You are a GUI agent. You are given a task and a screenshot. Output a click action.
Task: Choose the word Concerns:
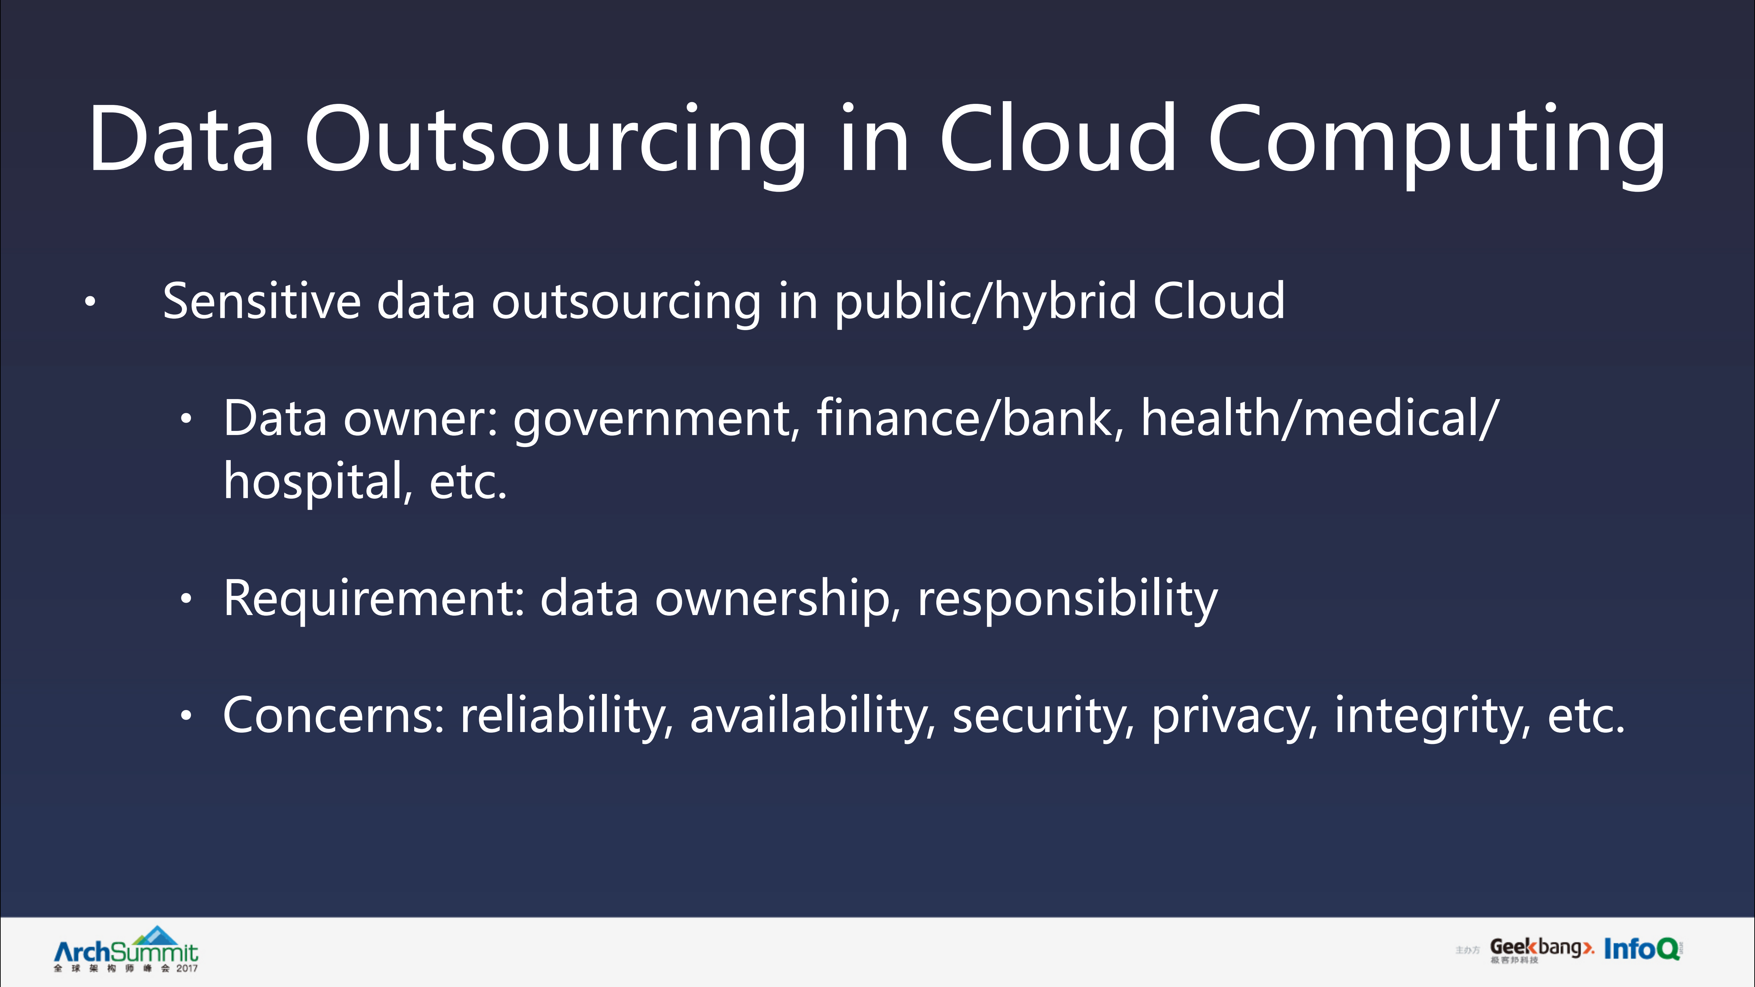[x=334, y=715]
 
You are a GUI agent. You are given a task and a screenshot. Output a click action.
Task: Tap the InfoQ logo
[x=1642, y=948]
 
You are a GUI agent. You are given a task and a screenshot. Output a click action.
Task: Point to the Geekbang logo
[x=1541, y=948]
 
